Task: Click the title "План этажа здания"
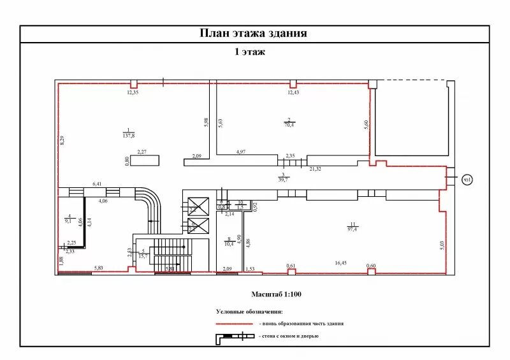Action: (x=254, y=34)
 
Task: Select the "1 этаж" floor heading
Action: (x=249, y=52)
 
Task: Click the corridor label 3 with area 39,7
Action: (x=283, y=178)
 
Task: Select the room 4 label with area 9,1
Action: (x=69, y=220)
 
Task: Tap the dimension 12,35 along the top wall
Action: (x=133, y=93)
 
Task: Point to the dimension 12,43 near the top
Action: (x=293, y=93)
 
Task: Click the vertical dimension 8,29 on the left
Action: (x=62, y=141)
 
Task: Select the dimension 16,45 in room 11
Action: (x=343, y=262)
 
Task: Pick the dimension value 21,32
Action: (x=315, y=169)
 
